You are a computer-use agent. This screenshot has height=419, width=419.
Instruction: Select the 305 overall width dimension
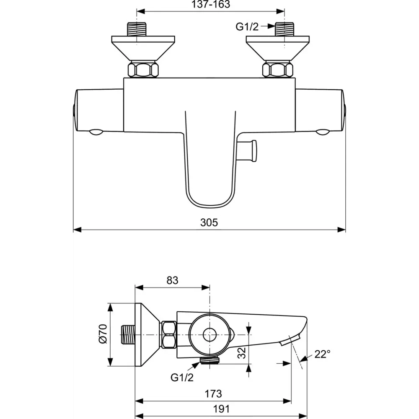(x=209, y=222)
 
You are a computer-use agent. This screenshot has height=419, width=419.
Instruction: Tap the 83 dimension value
(x=172, y=280)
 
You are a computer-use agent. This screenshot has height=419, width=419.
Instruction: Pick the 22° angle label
(x=322, y=354)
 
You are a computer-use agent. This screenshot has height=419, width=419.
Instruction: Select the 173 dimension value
(x=213, y=394)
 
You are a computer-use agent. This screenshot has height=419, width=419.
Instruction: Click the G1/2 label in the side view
(x=182, y=378)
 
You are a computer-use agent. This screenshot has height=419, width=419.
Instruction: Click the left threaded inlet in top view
(x=137, y=29)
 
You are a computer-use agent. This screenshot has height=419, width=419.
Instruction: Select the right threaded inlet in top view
(x=285, y=29)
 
